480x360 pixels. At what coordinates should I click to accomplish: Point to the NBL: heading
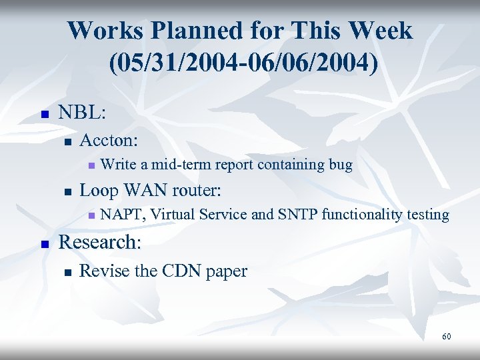81,112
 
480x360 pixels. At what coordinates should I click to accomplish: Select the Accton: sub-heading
109,140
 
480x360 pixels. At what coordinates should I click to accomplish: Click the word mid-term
179,164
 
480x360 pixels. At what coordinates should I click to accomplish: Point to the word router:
197,190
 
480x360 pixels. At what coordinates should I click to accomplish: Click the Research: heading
100,241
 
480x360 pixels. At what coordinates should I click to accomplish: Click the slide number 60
446,337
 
